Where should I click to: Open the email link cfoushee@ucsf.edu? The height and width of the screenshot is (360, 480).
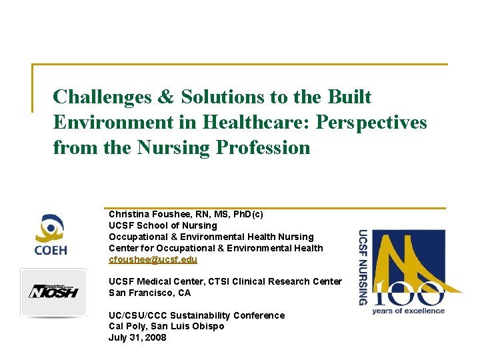153,259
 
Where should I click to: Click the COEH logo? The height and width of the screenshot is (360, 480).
51,235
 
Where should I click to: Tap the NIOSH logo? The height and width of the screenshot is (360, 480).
53,291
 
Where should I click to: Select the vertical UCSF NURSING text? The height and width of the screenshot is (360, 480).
363,267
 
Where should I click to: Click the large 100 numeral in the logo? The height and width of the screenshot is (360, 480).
411,293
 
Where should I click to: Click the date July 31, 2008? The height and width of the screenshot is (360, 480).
137,337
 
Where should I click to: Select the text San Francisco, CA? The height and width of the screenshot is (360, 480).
149,293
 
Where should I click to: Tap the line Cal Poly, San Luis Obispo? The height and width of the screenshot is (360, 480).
166,326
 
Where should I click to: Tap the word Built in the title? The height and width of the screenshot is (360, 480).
349,97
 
